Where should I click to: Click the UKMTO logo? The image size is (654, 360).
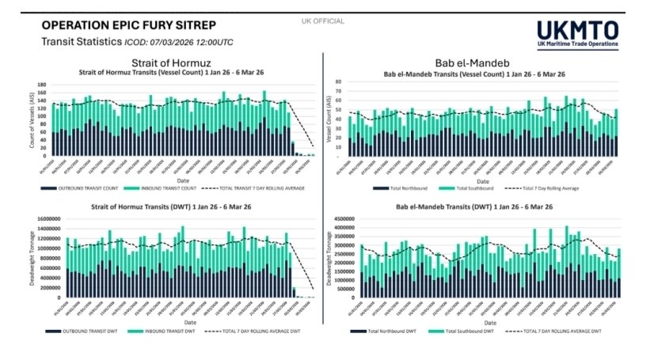[x=577, y=34]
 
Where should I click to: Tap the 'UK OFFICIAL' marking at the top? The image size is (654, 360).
[x=323, y=21]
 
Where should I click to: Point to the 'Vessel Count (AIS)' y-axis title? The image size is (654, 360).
[x=327, y=119]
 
